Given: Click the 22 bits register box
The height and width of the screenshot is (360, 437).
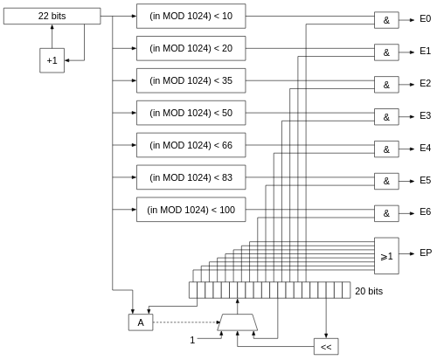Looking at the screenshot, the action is click(x=52, y=16).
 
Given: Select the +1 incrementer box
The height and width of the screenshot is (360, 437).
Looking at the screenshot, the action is click(x=52, y=60).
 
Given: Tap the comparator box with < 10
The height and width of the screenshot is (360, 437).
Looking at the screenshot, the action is click(x=191, y=16).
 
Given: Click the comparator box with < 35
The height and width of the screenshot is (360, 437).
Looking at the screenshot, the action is click(x=191, y=80).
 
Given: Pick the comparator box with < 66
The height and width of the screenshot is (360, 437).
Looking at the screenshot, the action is click(x=191, y=145).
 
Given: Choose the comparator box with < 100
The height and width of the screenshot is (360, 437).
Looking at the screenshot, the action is click(x=191, y=210).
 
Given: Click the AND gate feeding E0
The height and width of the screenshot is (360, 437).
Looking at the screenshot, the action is click(x=386, y=20).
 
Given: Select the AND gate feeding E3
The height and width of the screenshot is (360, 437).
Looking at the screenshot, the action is click(x=386, y=117).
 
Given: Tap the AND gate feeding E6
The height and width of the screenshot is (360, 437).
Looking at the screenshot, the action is click(x=386, y=213).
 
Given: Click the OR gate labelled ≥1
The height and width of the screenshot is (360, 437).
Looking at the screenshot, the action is click(x=386, y=256).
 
